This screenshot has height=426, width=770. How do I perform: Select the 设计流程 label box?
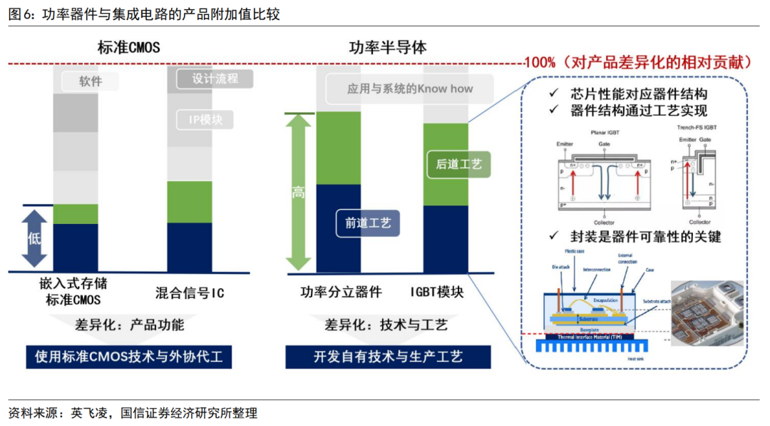pos(215,78)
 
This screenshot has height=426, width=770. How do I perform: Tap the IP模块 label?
pos(205,120)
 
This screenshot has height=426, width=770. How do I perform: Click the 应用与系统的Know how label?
pos(409,89)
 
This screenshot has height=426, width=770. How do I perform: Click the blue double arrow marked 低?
pos(35,237)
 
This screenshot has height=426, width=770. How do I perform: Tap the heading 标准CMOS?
pos(129,48)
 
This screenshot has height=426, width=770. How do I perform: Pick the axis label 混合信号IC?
pos(190,293)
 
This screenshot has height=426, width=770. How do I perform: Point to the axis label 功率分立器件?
pos(342,293)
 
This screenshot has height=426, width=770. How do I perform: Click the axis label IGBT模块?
pos(438,293)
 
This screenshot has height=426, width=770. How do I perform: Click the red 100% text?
pos(540,63)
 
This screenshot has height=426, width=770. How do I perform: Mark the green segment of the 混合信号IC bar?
pos(190,202)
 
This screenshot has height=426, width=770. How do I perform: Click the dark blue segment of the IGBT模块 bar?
pos(446,239)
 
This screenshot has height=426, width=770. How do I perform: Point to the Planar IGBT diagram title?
pos(605,132)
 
